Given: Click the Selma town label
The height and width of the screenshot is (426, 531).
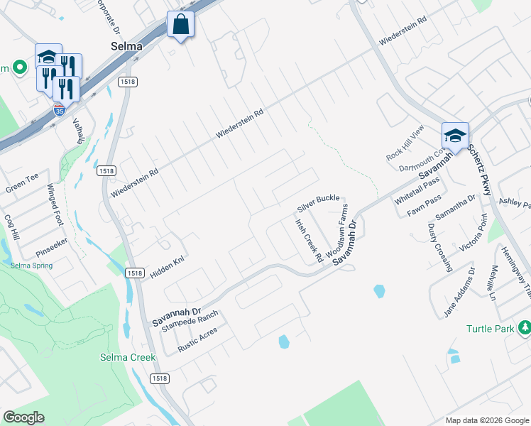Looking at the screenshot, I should click(127, 46).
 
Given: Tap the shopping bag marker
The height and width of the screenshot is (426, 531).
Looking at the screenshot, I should click(180, 24).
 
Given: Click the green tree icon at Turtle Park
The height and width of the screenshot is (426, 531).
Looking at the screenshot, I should click(525, 327).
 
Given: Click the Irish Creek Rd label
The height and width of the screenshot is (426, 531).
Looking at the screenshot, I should click(309, 240).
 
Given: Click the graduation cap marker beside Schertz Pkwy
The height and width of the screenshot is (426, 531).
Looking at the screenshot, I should click(455, 134).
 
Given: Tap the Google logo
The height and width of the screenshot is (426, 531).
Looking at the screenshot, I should click(23, 417).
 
